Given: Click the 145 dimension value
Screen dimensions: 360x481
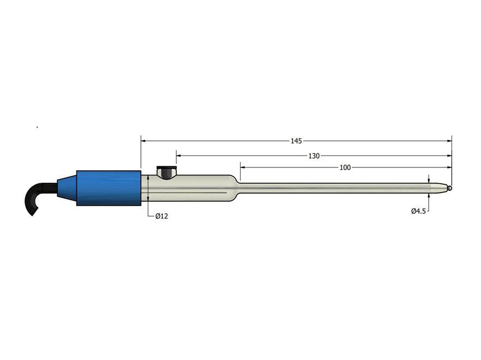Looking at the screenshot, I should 296,141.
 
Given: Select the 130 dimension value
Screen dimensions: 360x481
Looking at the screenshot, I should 314,155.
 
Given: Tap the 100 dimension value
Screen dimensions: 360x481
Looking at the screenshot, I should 345,167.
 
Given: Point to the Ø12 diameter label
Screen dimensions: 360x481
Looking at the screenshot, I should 162,216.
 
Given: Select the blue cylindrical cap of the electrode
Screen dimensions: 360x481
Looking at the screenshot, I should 109,188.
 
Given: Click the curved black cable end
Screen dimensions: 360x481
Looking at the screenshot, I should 34,200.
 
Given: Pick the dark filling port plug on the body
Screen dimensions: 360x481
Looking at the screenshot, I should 164,172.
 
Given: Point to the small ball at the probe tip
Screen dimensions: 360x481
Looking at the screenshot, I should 449,188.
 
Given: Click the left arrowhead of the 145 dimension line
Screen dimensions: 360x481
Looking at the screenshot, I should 144,141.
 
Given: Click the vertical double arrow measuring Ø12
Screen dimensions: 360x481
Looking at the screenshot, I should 149,188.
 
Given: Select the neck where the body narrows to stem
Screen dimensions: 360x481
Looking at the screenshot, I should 237,188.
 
